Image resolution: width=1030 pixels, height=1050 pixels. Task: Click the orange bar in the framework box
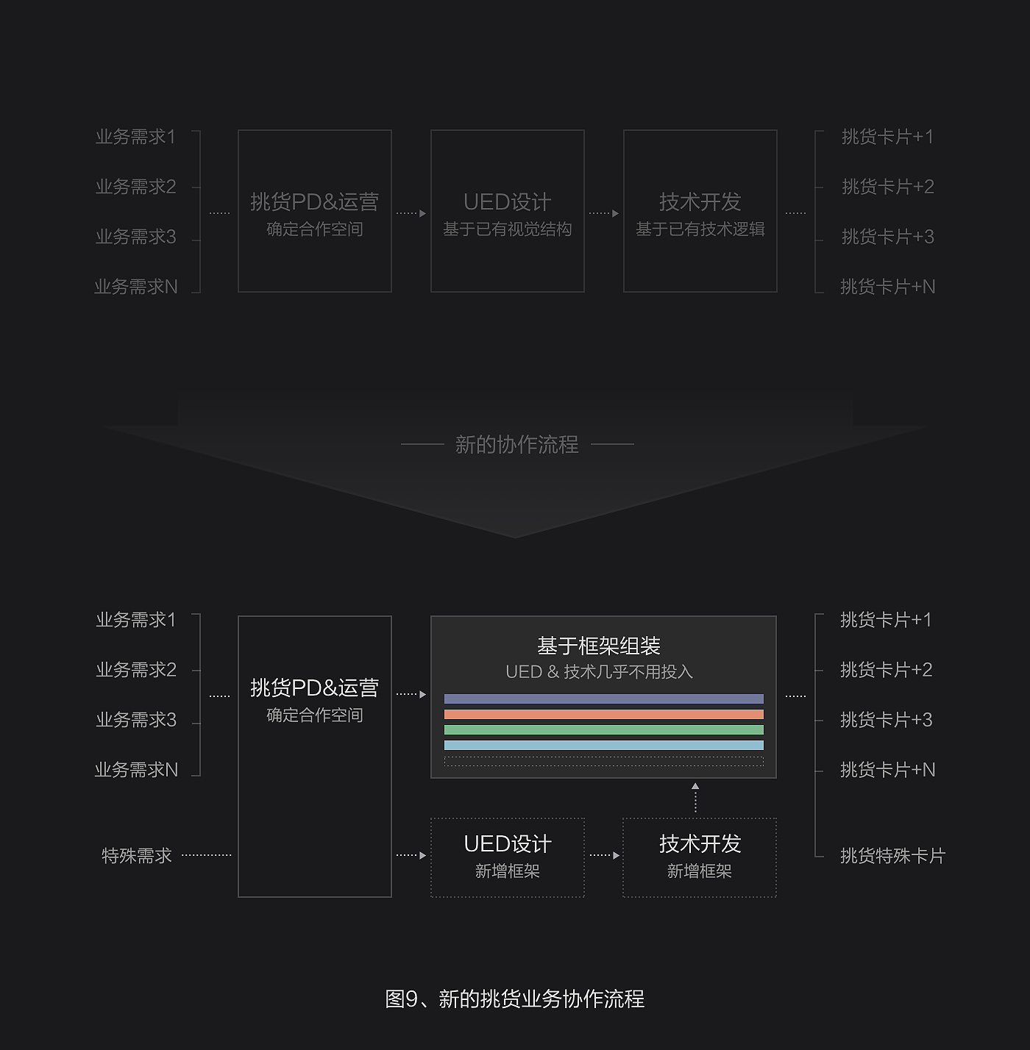tap(603, 714)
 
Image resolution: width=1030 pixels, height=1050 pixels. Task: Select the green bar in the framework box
tap(603, 729)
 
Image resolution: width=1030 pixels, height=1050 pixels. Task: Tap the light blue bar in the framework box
tap(603, 745)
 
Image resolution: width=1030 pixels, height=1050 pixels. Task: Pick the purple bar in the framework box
tap(603, 699)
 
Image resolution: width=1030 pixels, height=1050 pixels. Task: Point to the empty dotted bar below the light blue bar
tap(603, 761)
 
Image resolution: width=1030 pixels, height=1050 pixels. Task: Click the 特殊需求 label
tap(137, 855)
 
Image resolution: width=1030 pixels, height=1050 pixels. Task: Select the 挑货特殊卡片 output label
tap(892, 855)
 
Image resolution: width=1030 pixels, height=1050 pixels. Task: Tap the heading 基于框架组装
tap(598, 646)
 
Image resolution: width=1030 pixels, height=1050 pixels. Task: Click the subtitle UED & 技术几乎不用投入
tap(599, 671)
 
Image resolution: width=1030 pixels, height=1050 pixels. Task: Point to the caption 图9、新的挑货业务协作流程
tap(515, 999)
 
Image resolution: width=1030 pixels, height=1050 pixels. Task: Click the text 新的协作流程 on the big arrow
tap(516, 444)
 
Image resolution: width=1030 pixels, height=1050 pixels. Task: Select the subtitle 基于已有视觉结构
tap(507, 229)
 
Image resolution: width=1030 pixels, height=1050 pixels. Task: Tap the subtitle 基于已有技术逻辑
tap(700, 229)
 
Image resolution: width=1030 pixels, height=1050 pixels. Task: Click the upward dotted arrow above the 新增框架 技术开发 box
tap(695, 798)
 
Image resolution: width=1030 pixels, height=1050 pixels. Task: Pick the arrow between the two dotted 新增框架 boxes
tap(604, 855)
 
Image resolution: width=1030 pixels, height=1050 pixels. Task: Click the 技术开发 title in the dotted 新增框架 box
tap(700, 843)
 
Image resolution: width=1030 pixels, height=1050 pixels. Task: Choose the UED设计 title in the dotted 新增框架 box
tap(507, 843)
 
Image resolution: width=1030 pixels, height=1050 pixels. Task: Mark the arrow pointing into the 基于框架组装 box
tap(411, 694)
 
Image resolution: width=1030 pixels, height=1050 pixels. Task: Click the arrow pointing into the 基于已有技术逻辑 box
tap(604, 213)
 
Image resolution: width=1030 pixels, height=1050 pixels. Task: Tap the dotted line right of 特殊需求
tap(206, 855)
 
